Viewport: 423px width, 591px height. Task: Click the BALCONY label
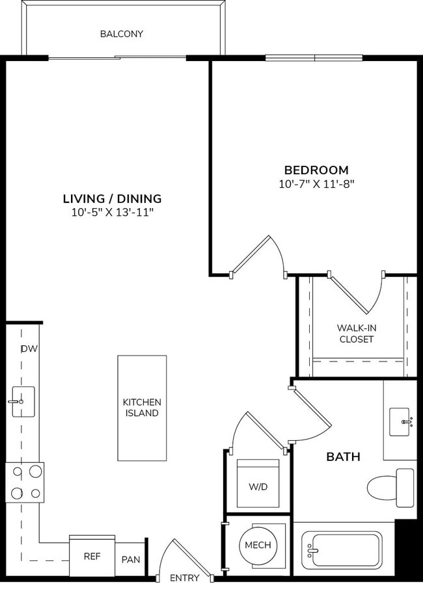(121, 34)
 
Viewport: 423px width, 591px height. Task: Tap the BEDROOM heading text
(316, 170)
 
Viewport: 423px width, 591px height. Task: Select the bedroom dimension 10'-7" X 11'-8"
(316, 184)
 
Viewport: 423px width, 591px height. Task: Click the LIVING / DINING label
(112, 199)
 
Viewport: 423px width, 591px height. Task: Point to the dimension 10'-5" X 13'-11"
(112, 212)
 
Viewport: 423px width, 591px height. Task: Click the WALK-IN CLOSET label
(356, 334)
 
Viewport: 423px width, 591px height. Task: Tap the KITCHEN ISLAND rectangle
(142, 408)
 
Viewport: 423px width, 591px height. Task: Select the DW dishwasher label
(29, 349)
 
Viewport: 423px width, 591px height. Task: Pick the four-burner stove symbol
(25, 482)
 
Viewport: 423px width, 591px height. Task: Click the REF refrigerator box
(92, 557)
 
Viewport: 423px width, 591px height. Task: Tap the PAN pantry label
(131, 559)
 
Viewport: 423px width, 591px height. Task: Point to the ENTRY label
(184, 578)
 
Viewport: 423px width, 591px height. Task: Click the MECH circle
(258, 545)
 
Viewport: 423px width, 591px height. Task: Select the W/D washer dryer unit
(258, 484)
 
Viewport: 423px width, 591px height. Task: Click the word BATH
(343, 457)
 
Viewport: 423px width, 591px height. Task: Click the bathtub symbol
(342, 551)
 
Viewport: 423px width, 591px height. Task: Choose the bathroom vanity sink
(400, 422)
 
